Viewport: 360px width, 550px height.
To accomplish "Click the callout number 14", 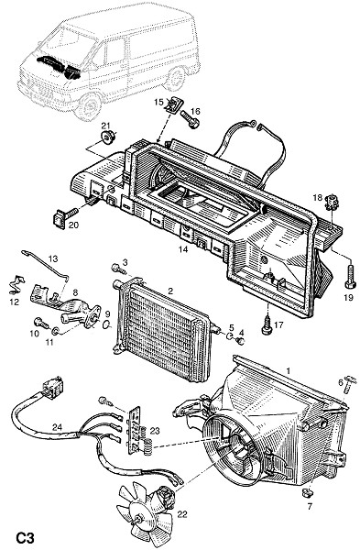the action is pos(183,249).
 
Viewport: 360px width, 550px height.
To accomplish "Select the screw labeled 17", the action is pos(267,325).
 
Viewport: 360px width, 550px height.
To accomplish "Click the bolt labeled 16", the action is pos(190,118).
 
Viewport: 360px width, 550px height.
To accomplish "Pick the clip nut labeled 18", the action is pos(331,203).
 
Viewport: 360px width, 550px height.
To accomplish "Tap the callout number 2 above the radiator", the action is pos(170,291).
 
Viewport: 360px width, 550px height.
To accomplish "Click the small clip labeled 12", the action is pos(16,284).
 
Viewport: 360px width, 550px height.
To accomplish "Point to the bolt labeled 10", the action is pos(41,322).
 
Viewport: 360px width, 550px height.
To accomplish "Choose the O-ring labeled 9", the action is pos(106,324).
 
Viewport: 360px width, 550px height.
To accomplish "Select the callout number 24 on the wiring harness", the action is pos(57,427).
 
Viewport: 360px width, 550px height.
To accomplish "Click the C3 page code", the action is pos(26,538).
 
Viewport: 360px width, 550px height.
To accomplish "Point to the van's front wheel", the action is pos(88,104).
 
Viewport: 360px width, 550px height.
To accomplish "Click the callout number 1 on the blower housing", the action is pos(289,370).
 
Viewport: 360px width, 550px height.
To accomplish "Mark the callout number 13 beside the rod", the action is pos(53,258).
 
